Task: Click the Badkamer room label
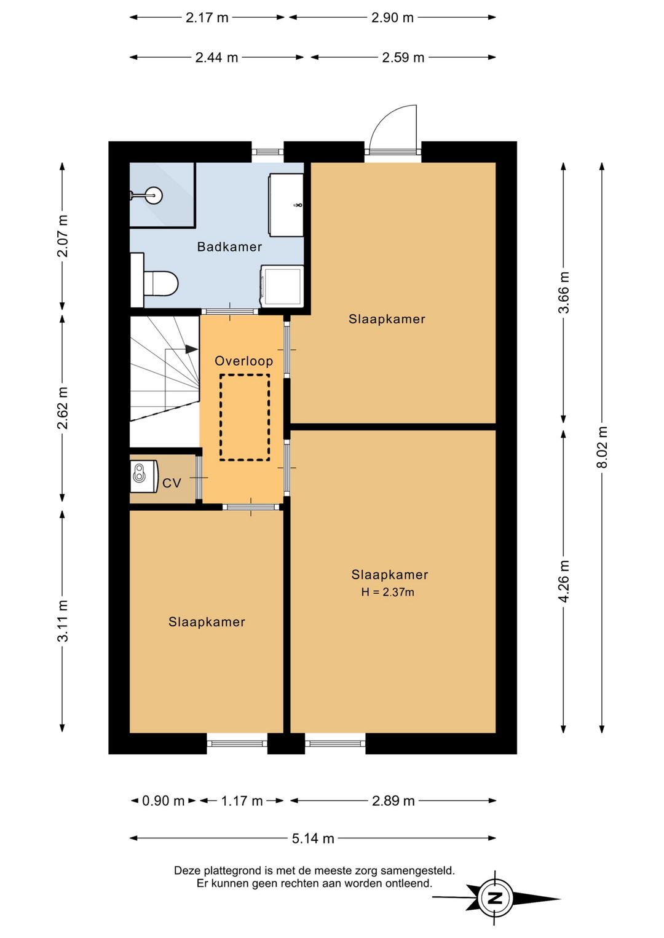(x=229, y=247)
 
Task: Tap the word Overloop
(x=244, y=361)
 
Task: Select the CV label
(x=172, y=483)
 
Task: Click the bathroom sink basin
(x=286, y=205)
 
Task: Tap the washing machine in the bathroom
(x=282, y=286)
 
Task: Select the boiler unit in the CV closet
(x=144, y=476)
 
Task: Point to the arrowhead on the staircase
(x=192, y=349)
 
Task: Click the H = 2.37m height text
(x=387, y=592)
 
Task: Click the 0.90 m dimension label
(x=164, y=801)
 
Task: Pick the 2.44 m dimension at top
(x=216, y=57)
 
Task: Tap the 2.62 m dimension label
(x=63, y=408)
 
